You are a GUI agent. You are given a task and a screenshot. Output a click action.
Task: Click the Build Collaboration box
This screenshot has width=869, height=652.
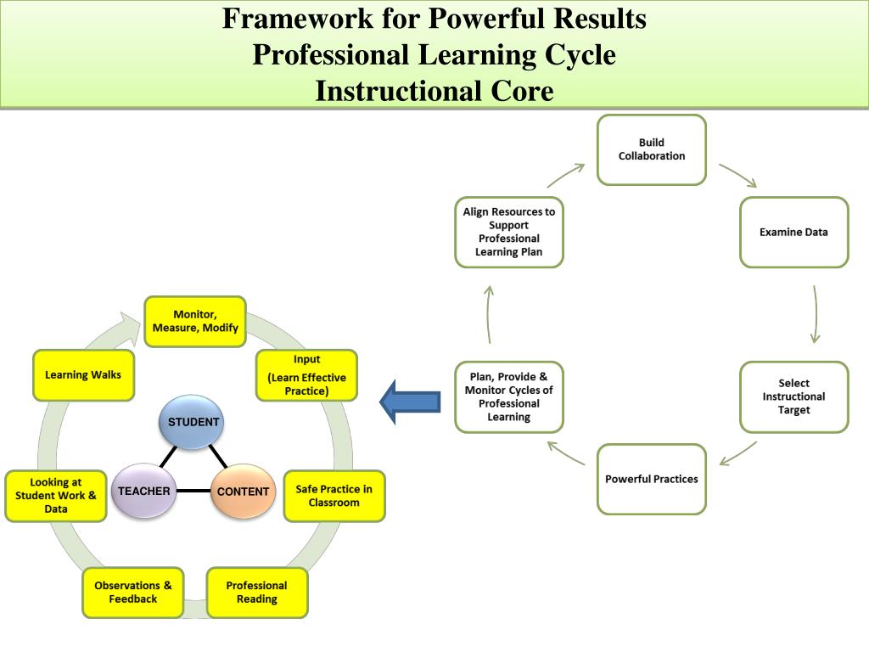[x=651, y=149]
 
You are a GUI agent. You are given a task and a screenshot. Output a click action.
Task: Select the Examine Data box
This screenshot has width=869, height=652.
[x=793, y=232]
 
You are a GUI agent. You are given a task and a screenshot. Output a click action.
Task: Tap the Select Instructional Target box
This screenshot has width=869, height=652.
[x=793, y=396]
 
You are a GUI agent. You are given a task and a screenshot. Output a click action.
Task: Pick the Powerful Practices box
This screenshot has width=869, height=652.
[x=651, y=479]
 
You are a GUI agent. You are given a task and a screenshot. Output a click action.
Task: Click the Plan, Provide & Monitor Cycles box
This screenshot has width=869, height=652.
[x=508, y=396]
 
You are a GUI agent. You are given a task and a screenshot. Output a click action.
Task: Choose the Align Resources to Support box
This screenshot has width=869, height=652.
[x=508, y=232]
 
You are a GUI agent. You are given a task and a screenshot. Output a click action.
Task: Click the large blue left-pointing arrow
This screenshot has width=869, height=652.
[x=410, y=401]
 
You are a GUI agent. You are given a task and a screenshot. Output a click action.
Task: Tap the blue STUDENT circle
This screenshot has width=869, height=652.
[x=193, y=422]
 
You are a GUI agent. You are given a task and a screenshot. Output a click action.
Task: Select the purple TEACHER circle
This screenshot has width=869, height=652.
[x=143, y=491]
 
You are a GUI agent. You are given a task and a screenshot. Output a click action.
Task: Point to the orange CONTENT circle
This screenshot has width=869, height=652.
[x=243, y=492]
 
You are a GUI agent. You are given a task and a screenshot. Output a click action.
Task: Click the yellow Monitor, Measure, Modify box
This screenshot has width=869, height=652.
[x=194, y=321]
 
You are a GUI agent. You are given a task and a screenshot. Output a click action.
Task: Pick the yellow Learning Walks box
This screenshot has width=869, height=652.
[x=83, y=374]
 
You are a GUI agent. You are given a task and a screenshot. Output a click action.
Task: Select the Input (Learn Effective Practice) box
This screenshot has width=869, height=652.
[x=306, y=374]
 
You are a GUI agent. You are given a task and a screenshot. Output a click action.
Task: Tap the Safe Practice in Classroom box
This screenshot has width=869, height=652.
[x=334, y=496]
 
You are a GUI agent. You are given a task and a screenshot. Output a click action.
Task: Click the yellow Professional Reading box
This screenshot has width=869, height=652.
[x=256, y=593]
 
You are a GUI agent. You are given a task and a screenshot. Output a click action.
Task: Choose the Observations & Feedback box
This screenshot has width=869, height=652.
[x=133, y=593]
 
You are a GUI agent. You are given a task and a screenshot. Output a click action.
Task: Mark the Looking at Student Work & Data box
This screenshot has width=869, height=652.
[x=56, y=496]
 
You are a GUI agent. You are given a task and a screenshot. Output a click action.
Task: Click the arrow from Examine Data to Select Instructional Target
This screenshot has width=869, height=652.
[x=815, y=314]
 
